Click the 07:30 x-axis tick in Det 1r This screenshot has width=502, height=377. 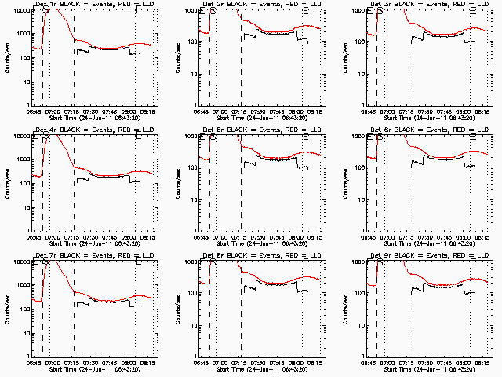[94, 112]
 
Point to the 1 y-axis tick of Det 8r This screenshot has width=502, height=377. [198, 355]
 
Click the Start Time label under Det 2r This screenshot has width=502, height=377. [261, 118]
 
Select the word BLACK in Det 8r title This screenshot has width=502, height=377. [246, 255]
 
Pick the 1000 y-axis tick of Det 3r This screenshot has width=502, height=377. [362, 35]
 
